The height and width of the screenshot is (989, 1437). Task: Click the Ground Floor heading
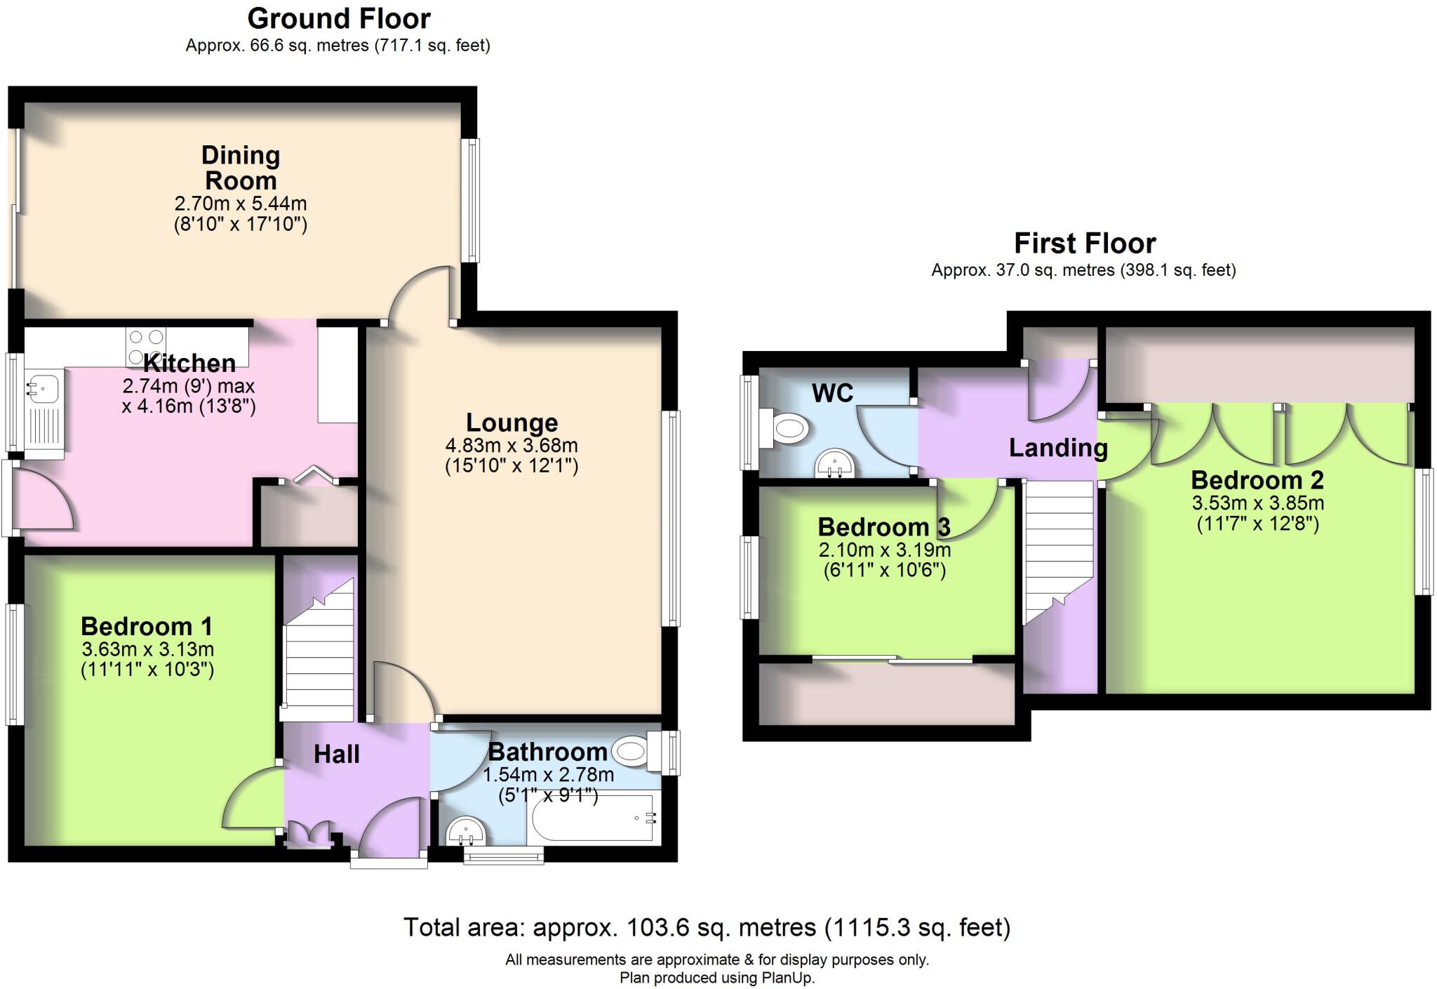[339, 18]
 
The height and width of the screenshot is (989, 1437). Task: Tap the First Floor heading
[1084, 244]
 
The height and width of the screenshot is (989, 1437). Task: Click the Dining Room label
[241, 168]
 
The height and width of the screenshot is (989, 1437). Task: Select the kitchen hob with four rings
[147, 347]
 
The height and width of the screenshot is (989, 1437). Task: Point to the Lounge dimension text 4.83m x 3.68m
[512, 445]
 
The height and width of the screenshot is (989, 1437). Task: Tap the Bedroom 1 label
[146, 625]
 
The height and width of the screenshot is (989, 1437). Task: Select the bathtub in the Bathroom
[595, 818]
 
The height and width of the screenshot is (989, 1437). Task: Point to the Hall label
[336, 754]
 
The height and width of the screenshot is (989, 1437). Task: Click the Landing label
[1058, 447]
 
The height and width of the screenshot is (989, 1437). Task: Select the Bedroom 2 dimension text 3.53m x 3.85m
[1257, 503]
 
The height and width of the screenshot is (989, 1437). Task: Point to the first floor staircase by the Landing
[1057, 547]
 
